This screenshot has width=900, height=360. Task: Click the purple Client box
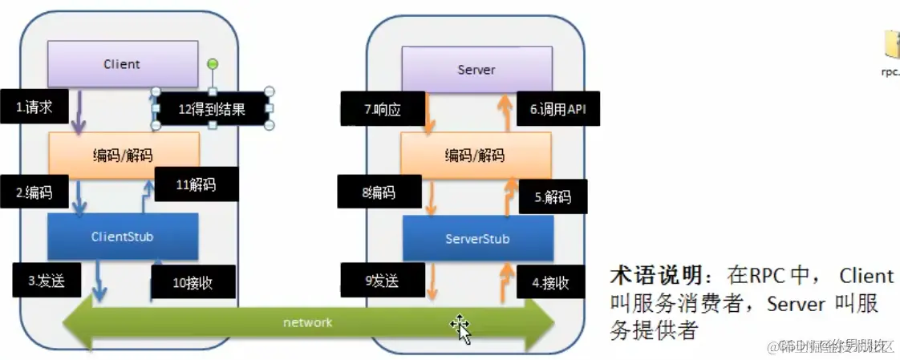coord(122,64)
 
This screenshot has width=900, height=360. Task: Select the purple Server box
coord(476,69)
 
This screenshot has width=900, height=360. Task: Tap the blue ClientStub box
coord(122,237)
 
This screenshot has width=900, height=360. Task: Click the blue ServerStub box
coord(477,239)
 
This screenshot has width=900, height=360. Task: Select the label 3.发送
coord(46,281)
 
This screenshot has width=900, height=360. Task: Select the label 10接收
coord(193,282)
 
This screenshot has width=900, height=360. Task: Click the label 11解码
coord(196,185)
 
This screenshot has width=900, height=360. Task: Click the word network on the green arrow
coord(307,322)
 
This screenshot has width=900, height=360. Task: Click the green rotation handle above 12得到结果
coord(213,63)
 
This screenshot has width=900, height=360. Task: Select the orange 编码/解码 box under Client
coord(124,155)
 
